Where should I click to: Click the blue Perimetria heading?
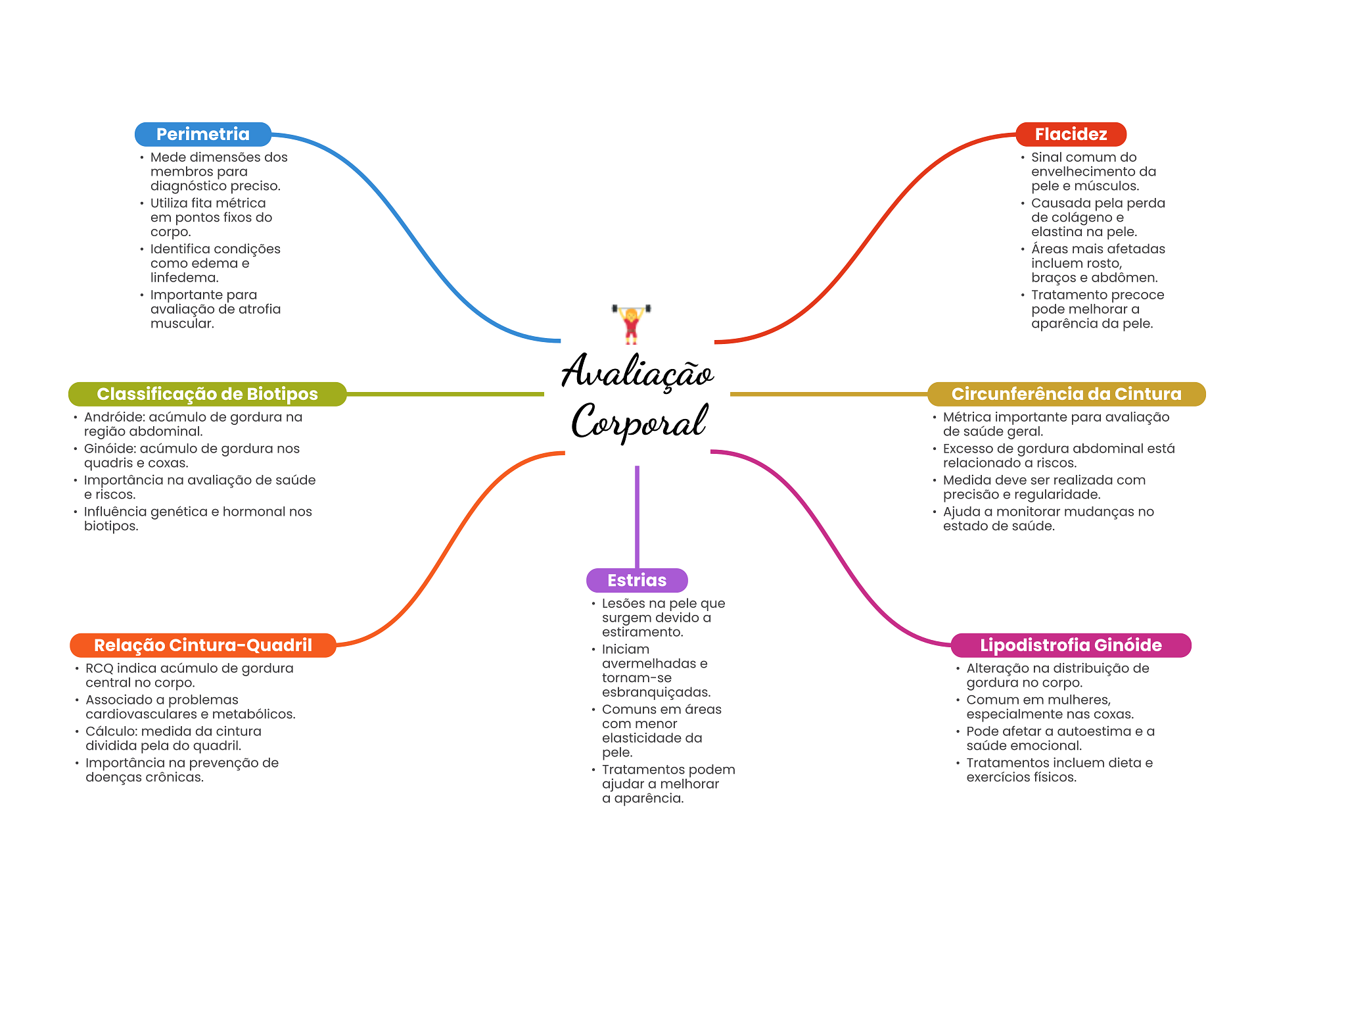coord(202,134)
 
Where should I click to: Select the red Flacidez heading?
coord(1070,134)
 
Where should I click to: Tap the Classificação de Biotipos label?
coord(207,394)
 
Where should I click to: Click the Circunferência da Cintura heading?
coord(1065,394)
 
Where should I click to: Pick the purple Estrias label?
coord(636,580)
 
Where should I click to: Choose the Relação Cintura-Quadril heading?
coord(202,645)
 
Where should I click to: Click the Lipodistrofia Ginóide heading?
coord(1070,645)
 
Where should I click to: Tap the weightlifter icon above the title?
coord(631,324)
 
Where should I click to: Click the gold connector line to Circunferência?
coord(828,394)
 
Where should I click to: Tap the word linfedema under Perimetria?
coord(183,278)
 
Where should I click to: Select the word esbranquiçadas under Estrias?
coord(655,693)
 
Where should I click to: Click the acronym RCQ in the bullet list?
coord(99,668)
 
